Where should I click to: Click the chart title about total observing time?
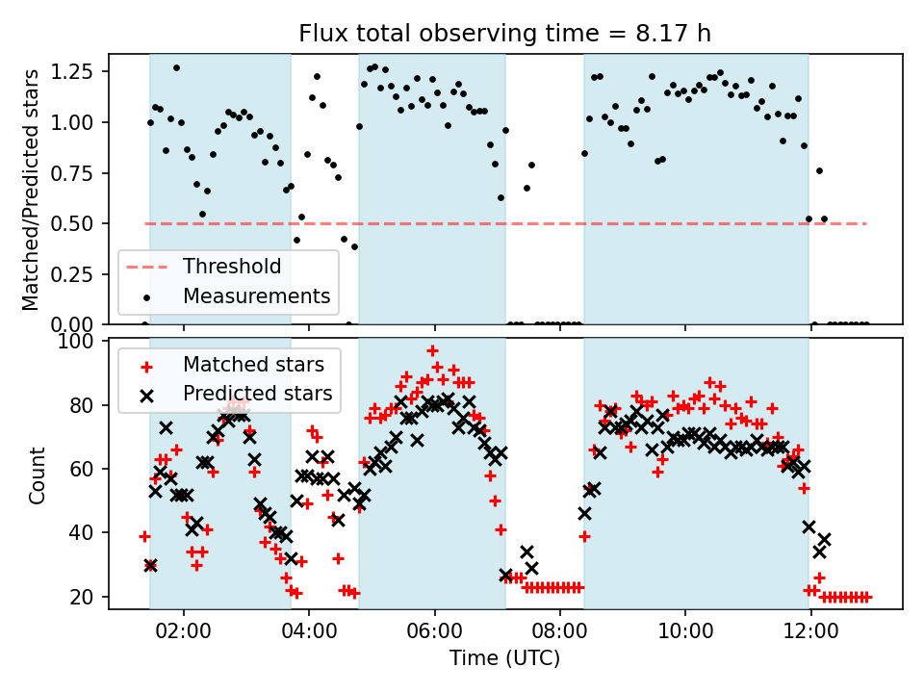coord(505,34)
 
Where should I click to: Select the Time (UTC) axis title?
coord(505,659)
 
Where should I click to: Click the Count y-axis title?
coord(38,475)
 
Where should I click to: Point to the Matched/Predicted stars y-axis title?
coord(31,190)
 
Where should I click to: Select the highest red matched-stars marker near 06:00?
coord(433,350)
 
